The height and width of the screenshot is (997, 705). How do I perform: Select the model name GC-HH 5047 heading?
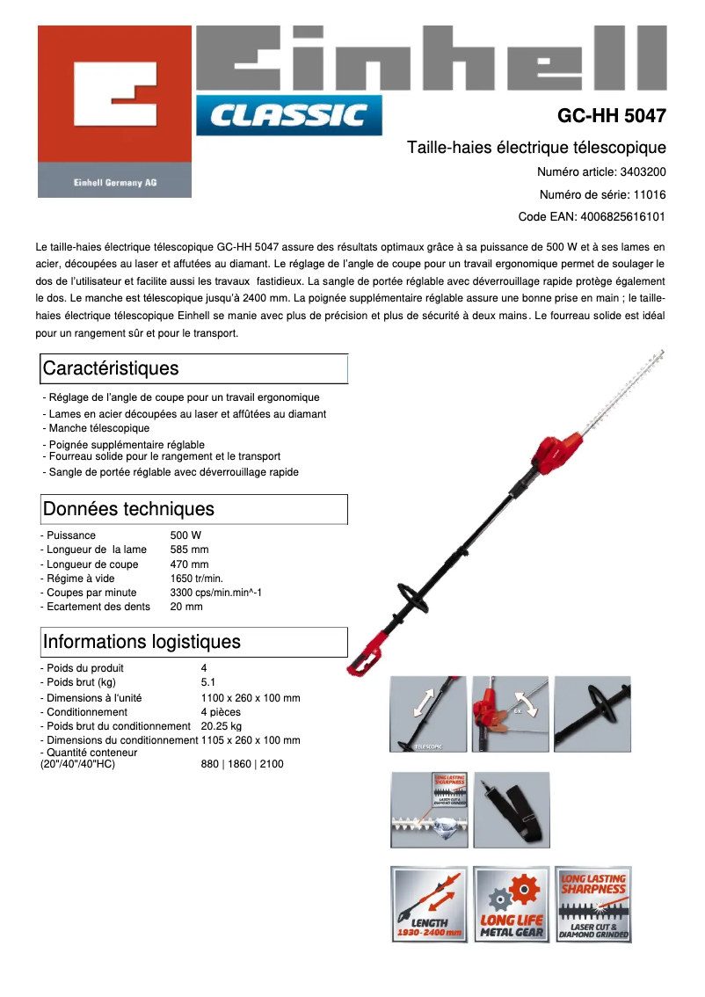tap(611, 115)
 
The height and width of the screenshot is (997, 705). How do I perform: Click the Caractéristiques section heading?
tap(110, 368)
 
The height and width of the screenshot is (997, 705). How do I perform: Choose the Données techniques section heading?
tap(128, 509)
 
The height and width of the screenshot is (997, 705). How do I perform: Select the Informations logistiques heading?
tap(141, 642)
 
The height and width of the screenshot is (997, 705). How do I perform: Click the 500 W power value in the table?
tap(185, 535)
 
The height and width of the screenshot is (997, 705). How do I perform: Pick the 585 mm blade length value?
tap(189, 549)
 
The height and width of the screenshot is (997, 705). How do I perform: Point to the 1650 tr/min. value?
tap(196, 579)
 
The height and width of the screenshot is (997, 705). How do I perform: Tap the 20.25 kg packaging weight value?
tap(221, 726)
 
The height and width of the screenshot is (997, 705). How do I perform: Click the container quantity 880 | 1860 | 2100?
tap(242, 764)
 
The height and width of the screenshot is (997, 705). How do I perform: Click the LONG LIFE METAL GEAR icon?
tap(512, 904)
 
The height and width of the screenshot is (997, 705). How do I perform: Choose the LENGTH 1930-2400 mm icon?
tap(429, 904)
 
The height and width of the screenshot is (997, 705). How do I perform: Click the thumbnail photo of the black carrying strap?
tap(512, 810)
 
